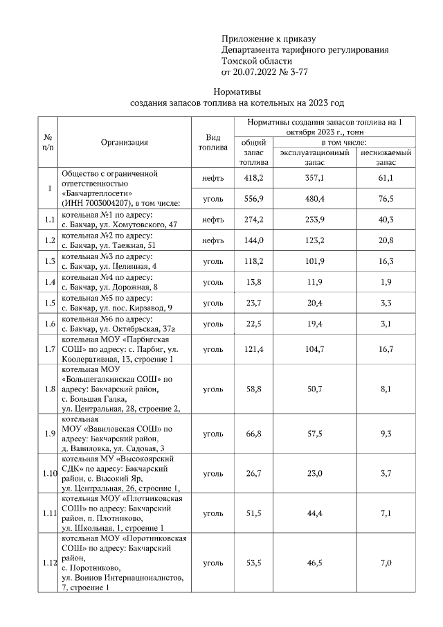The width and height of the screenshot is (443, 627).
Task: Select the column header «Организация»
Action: click(x=124, y=143)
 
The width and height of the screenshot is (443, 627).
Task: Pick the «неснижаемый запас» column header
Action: click(x=386, y=157)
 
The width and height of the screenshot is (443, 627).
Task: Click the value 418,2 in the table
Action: click(x=254, y=178)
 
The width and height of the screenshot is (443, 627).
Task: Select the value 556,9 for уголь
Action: click(x=254, y=199)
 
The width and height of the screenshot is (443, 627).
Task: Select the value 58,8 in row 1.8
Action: click(x=254, y=389)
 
